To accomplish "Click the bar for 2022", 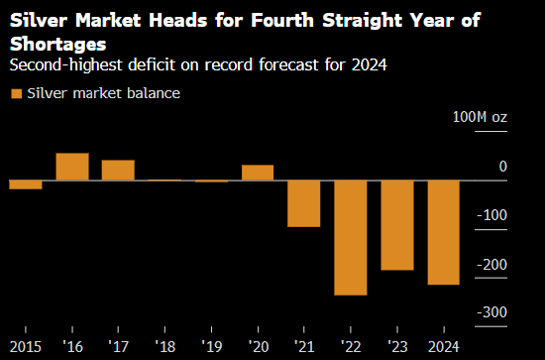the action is [x=351, y=238].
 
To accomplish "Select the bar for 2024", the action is [x=444, y=232].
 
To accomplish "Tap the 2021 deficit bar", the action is [x=304, y=203].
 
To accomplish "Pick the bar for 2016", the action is [x=72, y=167].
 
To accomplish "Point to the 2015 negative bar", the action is [x=26, y=184].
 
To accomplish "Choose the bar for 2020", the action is [x=258, y=173].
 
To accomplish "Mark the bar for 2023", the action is [x=397, y=225].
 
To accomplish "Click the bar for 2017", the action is [x=118, y=171].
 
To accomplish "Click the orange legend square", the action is [x=16, y=94].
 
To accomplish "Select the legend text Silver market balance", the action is [x=104, y=93].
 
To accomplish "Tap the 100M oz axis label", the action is [x=480, y=117].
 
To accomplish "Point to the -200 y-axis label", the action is [x=491, y=265].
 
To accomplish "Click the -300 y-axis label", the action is [x=491, y=312].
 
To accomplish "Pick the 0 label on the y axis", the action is [x=503, y=167].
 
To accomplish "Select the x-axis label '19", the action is [x=211, y=347].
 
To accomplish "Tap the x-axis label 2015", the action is [x=26, y=347].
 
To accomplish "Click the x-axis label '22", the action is [x=351, y=347].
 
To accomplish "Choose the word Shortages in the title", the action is [x=58, y=45].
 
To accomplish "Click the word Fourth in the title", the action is [x=282, y=20].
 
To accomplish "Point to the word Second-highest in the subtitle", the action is [x=66, y=64].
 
